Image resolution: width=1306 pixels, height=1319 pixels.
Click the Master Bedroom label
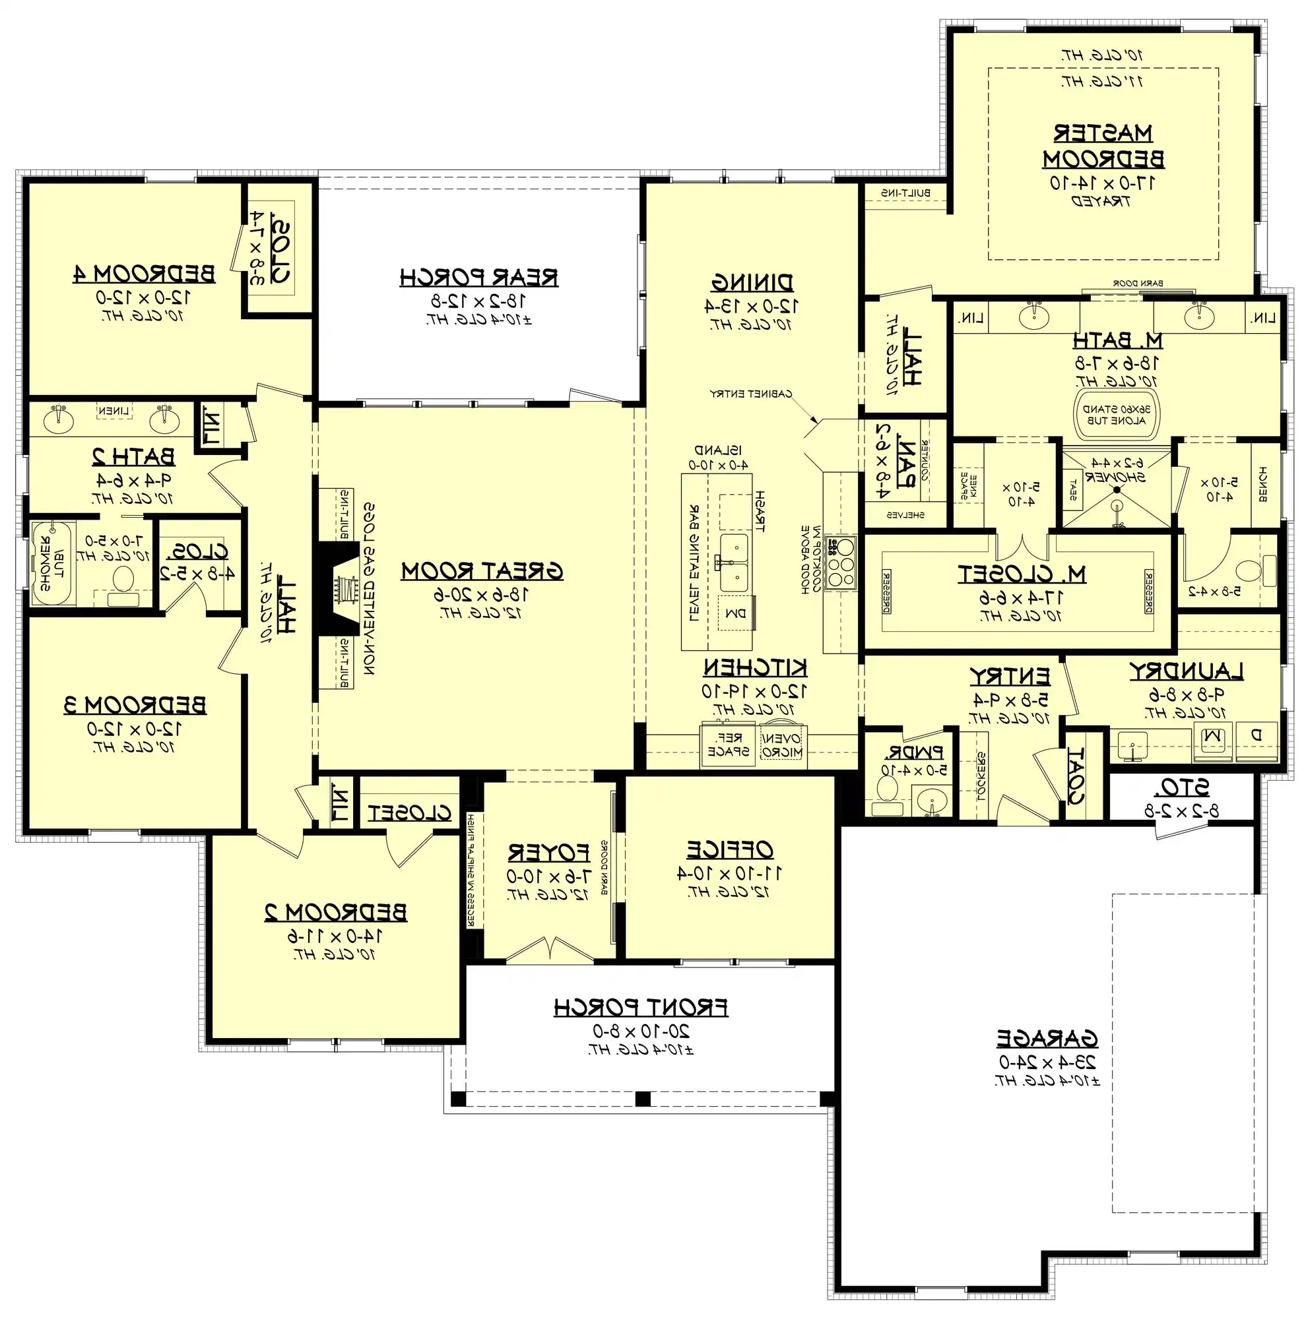pos(1103,145)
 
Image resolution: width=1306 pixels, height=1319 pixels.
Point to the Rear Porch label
pos(479,278)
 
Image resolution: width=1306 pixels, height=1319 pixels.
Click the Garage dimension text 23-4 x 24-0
pos(1047,1062)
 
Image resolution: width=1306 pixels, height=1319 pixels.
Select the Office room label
pos(729,850)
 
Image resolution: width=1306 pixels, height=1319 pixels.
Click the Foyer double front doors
pos(549,950)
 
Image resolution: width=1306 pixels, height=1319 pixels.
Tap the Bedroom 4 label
pos(144,274)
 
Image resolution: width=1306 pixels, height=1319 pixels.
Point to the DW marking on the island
pos(735,614)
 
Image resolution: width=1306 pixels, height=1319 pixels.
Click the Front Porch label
pos(640,1008)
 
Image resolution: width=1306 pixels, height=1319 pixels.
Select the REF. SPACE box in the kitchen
pos(727,745)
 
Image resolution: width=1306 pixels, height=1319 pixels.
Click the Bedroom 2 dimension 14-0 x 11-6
pos(335,935)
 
